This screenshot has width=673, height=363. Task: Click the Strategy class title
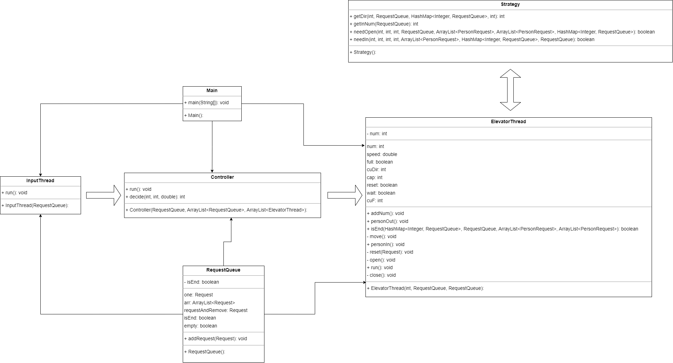tap(510, 4)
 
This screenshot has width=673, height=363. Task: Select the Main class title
tap(212, 90)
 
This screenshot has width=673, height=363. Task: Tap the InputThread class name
tap(40, 180)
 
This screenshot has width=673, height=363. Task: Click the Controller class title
tap(222, 177)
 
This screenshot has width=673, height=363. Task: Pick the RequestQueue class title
tap(223, 270)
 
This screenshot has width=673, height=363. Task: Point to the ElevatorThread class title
tap(508, 121)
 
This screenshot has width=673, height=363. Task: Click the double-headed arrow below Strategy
tap(510, 90)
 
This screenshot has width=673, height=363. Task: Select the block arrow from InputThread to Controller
tap(103, 195)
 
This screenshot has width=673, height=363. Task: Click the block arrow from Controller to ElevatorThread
tap(345, 195)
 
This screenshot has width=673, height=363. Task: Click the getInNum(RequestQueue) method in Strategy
tap(384, 24)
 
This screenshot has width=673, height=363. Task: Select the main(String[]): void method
tap(206, 102)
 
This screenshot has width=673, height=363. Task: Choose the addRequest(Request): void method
tap(215, 339)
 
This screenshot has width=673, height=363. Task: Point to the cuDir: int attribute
tap(376, 169)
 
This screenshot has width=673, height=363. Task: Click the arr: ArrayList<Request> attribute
tap(209, 303)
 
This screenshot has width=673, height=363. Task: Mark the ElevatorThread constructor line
tap(425, 288)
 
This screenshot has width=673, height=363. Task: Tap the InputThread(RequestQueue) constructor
tap(35, 205)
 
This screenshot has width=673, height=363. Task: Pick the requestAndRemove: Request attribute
tap(215, 310)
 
